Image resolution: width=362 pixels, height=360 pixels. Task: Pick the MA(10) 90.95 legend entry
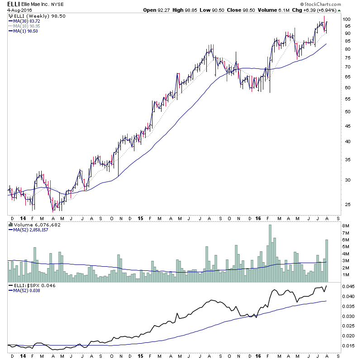click(28, 26)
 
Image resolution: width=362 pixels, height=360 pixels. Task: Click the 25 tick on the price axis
click(346, 204)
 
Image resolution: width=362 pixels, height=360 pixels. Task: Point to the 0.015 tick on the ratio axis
click(348, 346)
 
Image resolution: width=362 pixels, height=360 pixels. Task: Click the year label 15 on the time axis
click(141, 218)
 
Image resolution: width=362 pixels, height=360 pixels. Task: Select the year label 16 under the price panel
click(258, 218)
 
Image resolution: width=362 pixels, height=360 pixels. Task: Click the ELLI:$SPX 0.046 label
click(29, 286)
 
